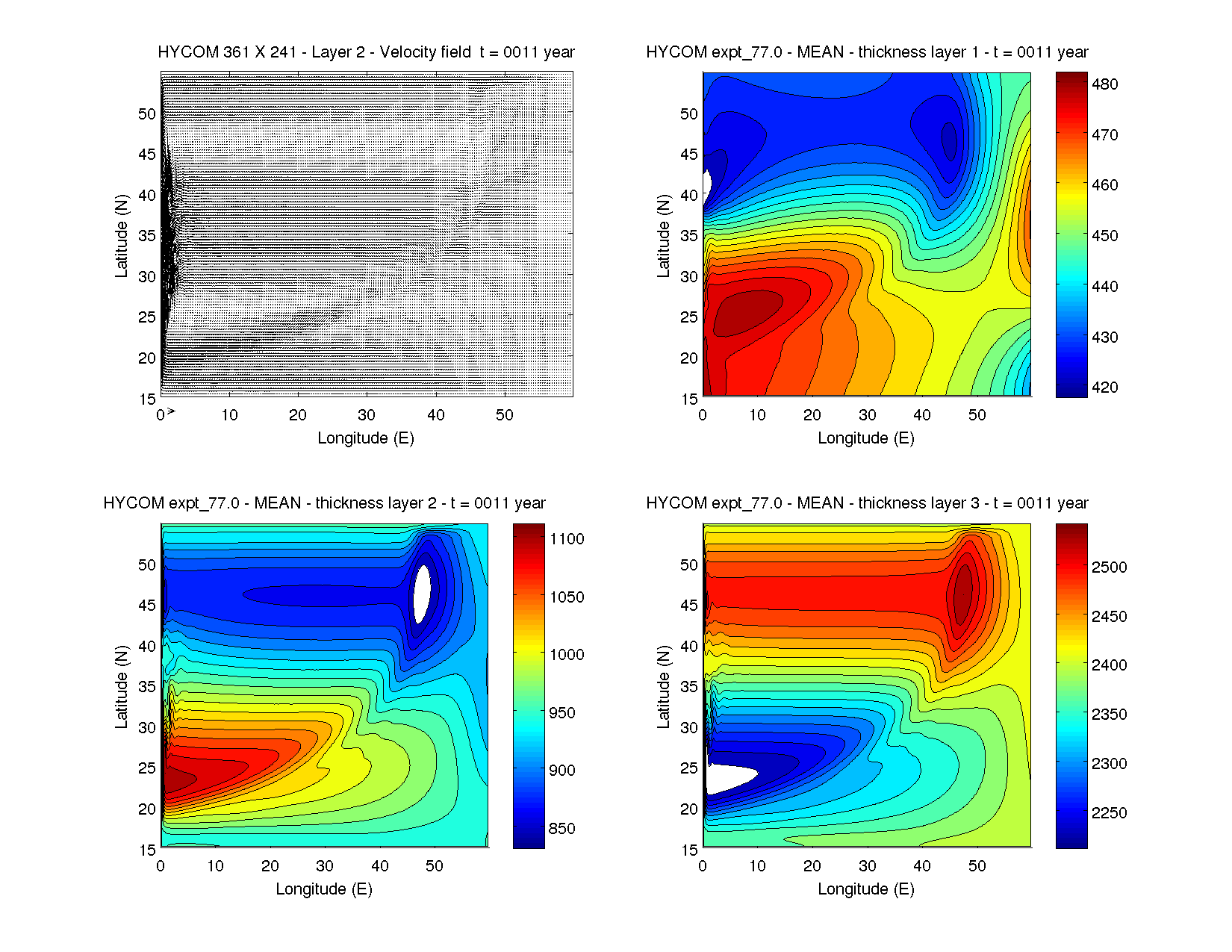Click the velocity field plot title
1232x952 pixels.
click(x=366, y=52)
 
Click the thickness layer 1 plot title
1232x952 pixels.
click(x=867, y=52)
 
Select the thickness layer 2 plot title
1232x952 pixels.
click(x=324, y=503)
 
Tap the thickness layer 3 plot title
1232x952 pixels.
click(x=867, y=503)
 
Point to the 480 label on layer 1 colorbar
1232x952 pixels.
click(x=1104, y=84)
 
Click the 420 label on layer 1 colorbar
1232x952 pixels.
click(x=1104, y=388)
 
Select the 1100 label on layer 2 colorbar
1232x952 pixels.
click(x=567, y=539)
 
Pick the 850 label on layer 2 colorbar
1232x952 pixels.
click(x=561, y=828)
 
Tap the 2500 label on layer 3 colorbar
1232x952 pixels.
click(x=1109, y=567)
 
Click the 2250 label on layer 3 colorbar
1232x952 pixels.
click(x=1109, y=813)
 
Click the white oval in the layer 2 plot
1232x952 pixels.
click(x=423, y=594)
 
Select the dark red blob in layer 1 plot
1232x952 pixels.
click(x=747, y=312)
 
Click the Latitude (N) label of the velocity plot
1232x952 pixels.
click(x=121, y=236)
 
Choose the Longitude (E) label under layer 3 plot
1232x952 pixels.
click(x=866, y=889)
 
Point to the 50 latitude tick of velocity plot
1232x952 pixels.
click(x=147, y=114)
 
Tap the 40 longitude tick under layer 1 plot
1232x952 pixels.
click(x=922, y=415)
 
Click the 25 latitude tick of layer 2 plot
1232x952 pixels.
click(x=147, y=768)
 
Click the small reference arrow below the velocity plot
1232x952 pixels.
click(x=171, y=411)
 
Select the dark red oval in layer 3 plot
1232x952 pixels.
click(x=963, y=594)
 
